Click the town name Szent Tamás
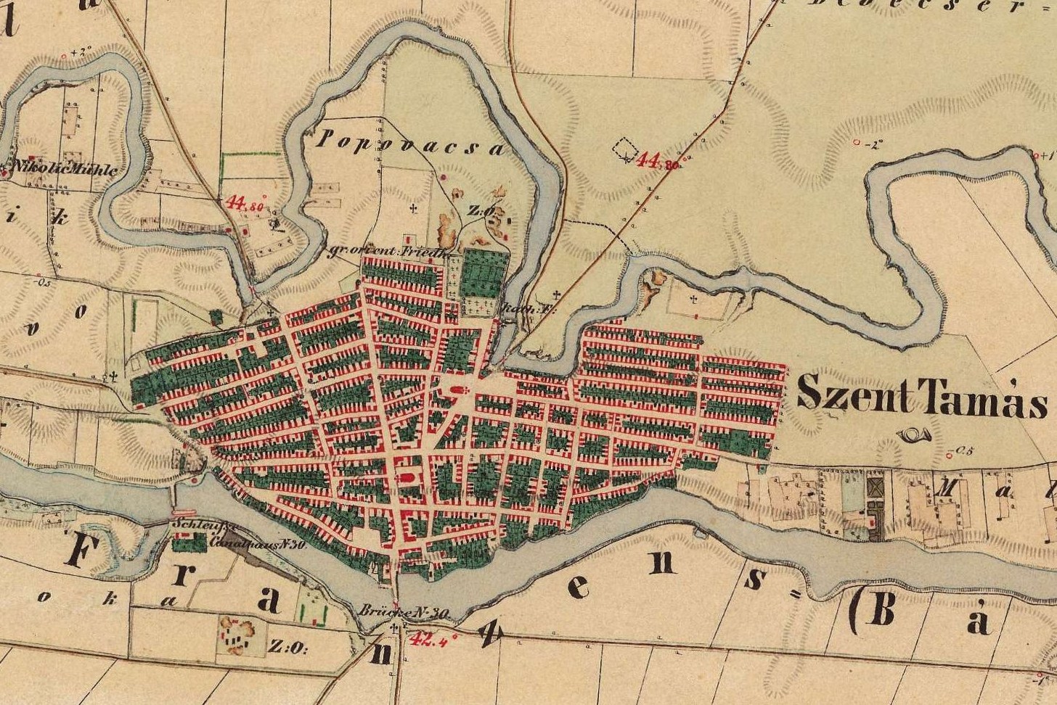click(921, 397)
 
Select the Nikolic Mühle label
click(61, 170)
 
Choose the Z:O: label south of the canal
click(289, 646)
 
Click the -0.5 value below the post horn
click(963, 451)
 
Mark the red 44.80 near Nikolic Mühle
click(245, 203)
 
